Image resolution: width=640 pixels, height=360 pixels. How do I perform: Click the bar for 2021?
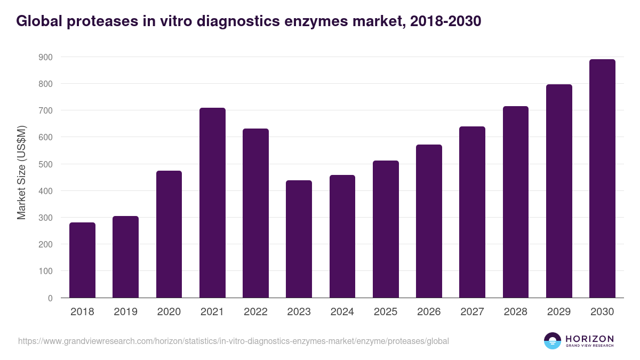[x=212, y=203]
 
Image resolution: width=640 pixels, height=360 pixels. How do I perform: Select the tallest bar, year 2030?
[x=602, y=179]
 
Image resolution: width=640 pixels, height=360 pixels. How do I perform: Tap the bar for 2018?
[x=83, y=260]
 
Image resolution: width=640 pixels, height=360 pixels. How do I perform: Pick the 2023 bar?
[x=299, y=239]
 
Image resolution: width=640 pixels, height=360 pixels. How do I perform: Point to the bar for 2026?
[x=429, y=221]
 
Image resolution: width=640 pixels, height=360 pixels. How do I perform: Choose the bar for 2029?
[x=559, y=191]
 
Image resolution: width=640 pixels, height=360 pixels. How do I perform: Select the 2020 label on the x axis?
[x=169, y=312]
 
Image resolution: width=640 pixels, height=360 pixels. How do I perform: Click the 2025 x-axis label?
[x=386, y=312]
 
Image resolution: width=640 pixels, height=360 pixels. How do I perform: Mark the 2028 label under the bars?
[x=516, y=312]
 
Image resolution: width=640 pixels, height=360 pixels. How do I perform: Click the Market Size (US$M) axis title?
[x=22, y=172]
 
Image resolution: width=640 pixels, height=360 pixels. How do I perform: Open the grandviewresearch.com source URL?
[x=234, y=341]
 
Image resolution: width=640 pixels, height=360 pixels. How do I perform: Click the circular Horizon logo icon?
[x=553, y=341]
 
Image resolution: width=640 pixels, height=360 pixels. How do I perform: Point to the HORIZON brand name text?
[x=589, y=339]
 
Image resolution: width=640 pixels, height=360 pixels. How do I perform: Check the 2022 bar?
[x=255, y=213]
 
